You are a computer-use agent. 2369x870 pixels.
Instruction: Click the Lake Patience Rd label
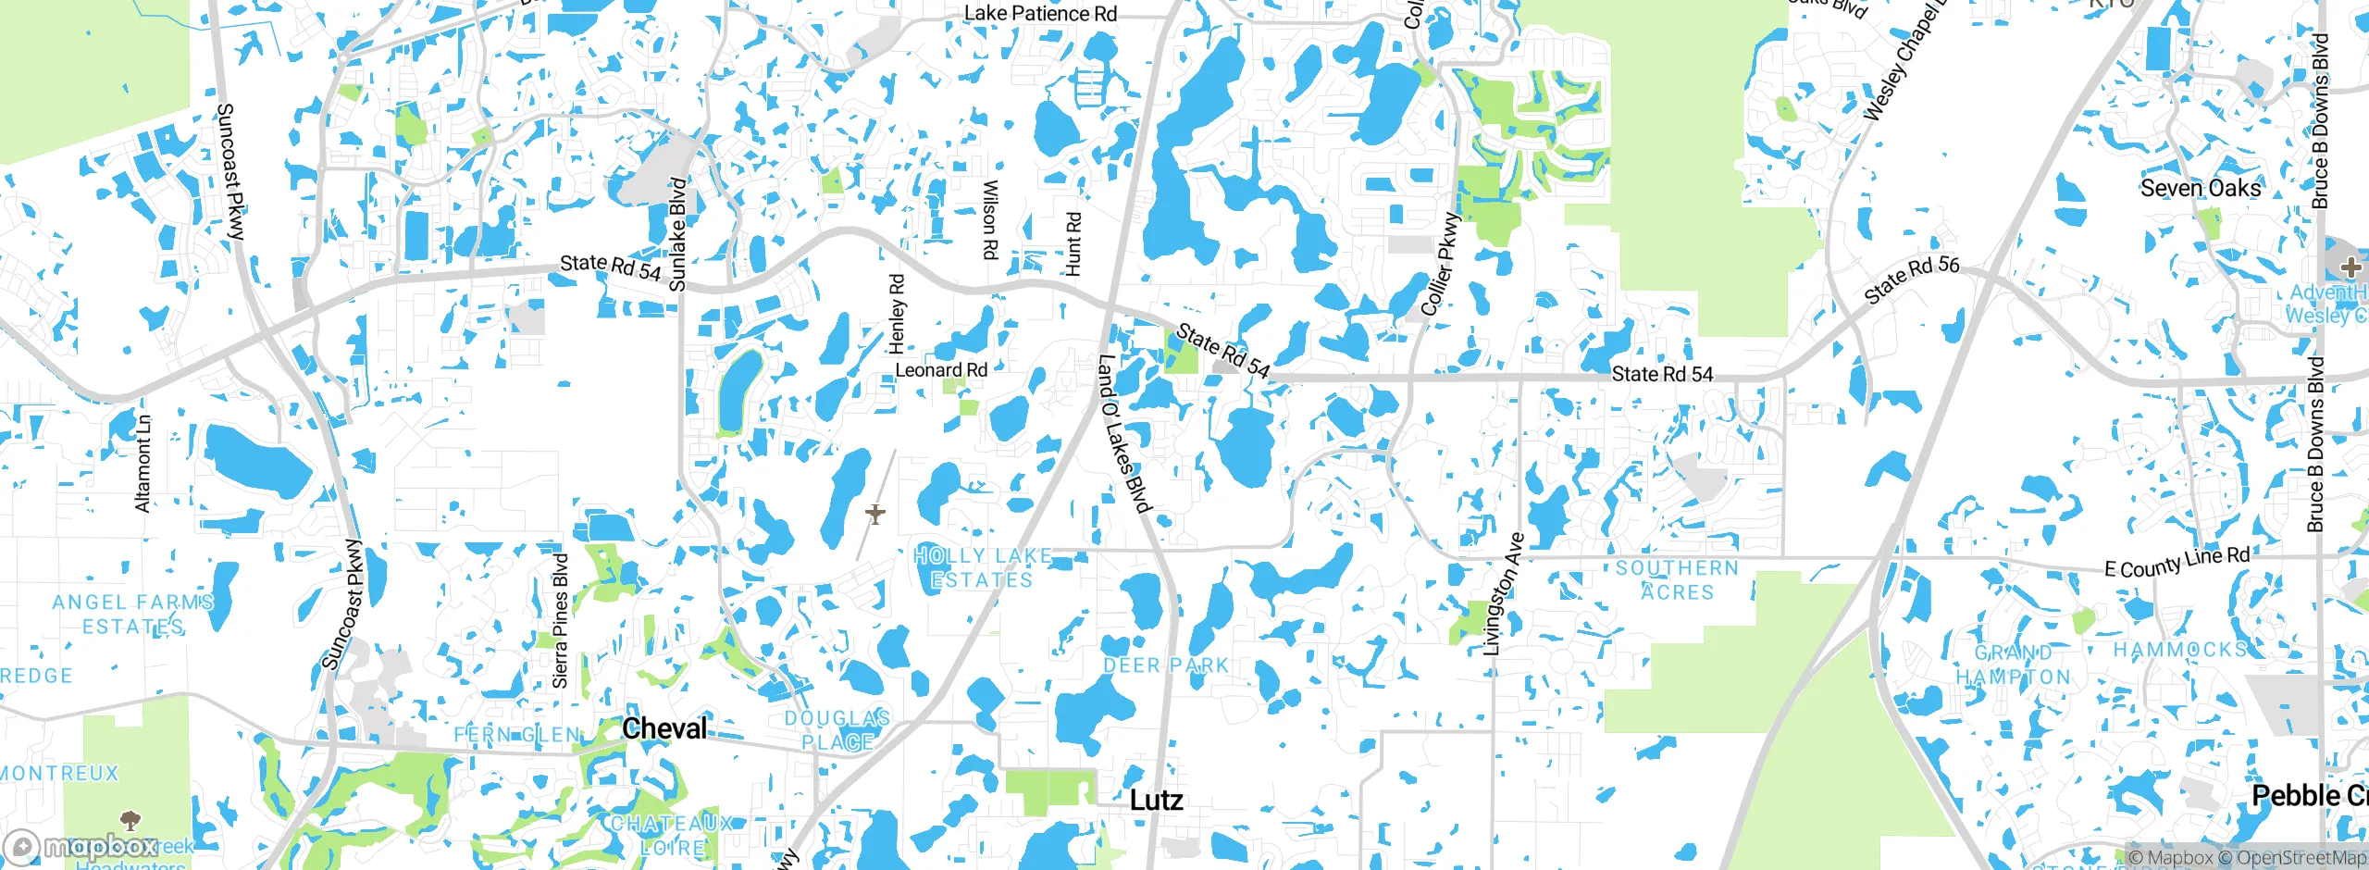(x=1040, y=14)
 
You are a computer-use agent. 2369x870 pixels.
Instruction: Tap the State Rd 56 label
(x=1911, y=280)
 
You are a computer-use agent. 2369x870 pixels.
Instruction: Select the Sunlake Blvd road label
(x=677, y=234)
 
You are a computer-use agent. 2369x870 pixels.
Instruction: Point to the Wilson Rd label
(x=989, y=219)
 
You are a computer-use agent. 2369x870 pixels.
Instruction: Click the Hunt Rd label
(x=1073, y=244)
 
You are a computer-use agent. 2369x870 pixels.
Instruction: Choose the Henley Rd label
(x=897, y=313)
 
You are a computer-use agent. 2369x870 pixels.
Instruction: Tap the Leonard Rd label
(x=941, y=370)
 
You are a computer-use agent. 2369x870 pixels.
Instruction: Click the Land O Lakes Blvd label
(x=1122, y=433)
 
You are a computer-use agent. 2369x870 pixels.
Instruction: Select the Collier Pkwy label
(x=1439, y=265)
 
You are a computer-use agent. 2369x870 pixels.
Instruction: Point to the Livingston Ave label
(x=1503, y=594)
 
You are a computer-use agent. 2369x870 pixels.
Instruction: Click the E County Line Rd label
(x=2177, y=562)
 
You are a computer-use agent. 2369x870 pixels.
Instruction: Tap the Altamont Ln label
(x=143, y=463)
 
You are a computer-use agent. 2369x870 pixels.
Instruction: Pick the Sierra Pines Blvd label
(x=560, y=621)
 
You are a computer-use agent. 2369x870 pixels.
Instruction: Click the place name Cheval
(x=664, y=729)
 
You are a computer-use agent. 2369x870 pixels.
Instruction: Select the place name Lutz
(x=1156, y=800)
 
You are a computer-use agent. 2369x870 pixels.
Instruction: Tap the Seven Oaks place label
(x=2200, y=189)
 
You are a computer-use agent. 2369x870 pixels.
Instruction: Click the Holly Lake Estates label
(x=982, y=567)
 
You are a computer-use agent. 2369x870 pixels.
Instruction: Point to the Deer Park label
(x=1166, y=665)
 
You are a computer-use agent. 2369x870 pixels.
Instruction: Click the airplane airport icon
(x=874, y=513)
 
